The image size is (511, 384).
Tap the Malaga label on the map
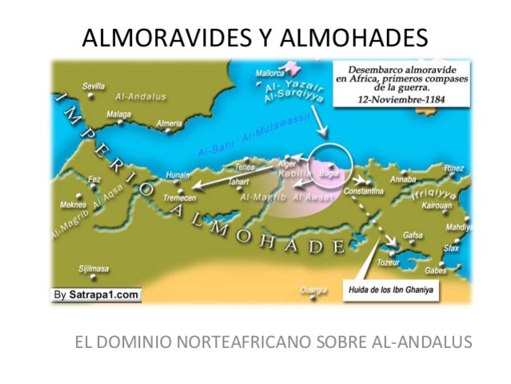118,114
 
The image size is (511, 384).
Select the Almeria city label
168,123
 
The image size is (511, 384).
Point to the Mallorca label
269,74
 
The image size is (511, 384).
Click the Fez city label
94,179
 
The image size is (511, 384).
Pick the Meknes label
74,205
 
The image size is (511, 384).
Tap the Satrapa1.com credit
97,295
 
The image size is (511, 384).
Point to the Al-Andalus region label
141,96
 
